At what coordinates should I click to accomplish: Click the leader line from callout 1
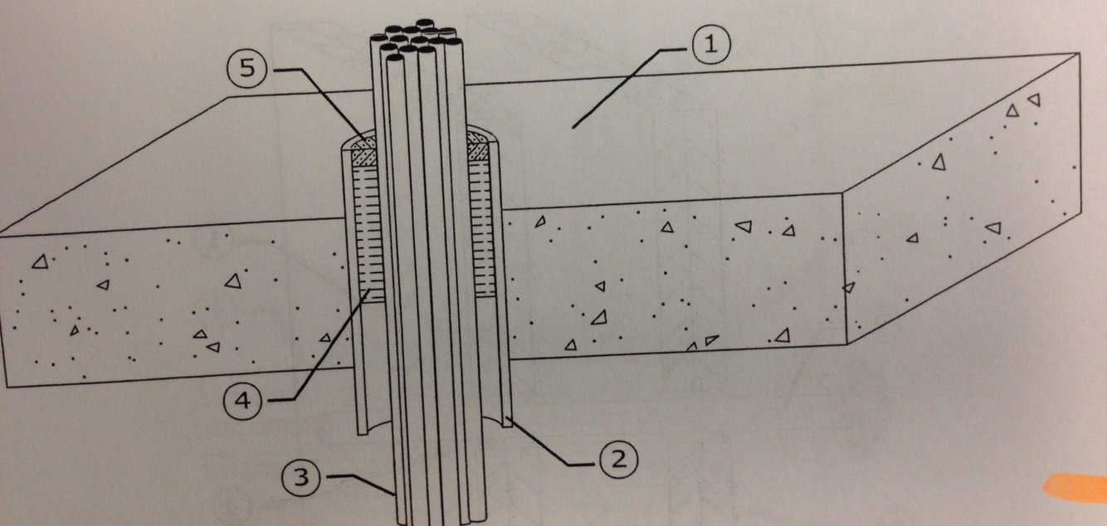coord(631,83)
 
